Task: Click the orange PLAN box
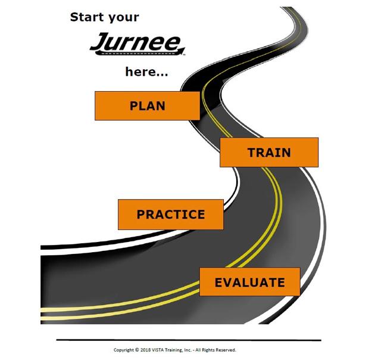(148, 105)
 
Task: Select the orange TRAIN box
(269, 153)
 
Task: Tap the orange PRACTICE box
(171, 215)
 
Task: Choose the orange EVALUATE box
(249, 282)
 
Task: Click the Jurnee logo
(137, 44)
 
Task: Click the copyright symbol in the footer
(137, 350)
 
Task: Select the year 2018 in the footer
(145, 350)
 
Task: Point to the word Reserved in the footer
(226, 350)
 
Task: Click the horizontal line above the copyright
(189, 340)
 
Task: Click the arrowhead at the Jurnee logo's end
(181, 51)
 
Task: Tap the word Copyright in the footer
(124, 350)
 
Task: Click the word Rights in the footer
(208, 350)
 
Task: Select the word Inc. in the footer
(187, 350)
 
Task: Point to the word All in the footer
(198, 350)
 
